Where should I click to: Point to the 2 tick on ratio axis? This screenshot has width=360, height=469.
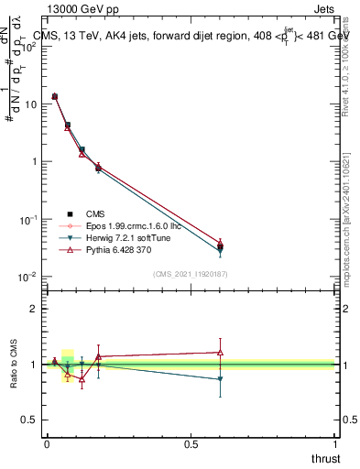[34, 309]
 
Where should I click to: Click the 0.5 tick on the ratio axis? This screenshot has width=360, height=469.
[30, 420]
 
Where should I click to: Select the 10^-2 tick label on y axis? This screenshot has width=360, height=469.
[27, 277]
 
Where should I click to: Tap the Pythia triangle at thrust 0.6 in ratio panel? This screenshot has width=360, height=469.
[220, 352]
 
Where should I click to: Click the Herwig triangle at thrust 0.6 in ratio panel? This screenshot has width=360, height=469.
[220, 379]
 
